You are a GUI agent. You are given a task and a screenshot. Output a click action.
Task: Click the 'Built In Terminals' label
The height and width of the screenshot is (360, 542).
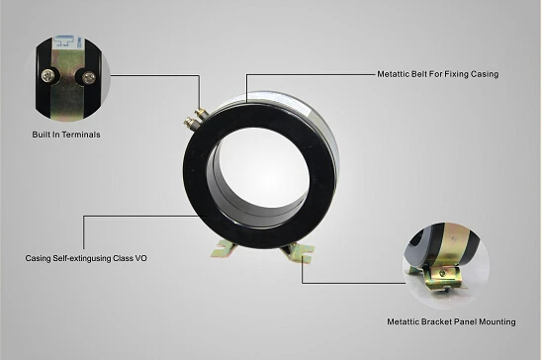[66, 135]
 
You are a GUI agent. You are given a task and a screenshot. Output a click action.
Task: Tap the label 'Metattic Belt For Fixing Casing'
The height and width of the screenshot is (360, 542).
[437, 74]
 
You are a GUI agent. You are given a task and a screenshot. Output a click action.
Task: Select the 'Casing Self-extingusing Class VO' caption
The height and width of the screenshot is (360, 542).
[86, 258]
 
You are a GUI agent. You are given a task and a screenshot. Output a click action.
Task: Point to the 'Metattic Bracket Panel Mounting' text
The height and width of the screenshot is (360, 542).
[451, 321]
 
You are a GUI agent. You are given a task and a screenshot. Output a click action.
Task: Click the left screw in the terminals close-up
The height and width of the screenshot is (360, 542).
[48, 76]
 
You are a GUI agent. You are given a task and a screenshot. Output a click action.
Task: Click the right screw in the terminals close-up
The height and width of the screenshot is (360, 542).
[89, 76]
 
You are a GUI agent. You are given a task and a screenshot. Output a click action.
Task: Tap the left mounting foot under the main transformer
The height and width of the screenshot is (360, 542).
[224, 249]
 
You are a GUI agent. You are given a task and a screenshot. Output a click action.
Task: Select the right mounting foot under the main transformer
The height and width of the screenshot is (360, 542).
[298, 252]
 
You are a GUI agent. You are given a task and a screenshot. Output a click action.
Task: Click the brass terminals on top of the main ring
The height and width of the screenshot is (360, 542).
[195, 117]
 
